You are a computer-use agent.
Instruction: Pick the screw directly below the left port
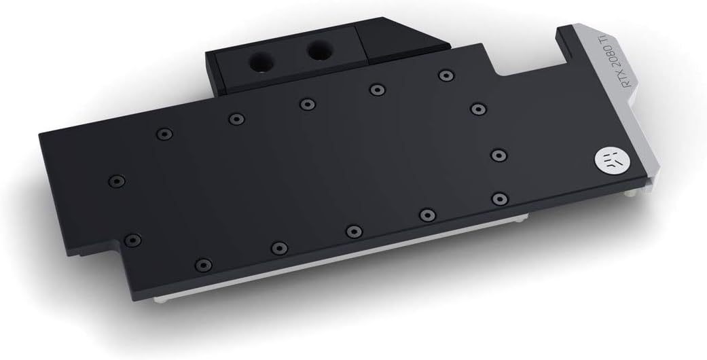tap(307, 104)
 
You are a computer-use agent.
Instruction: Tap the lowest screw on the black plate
tap(202, 264)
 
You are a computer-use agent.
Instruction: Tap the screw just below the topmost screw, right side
tap(478, 108)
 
